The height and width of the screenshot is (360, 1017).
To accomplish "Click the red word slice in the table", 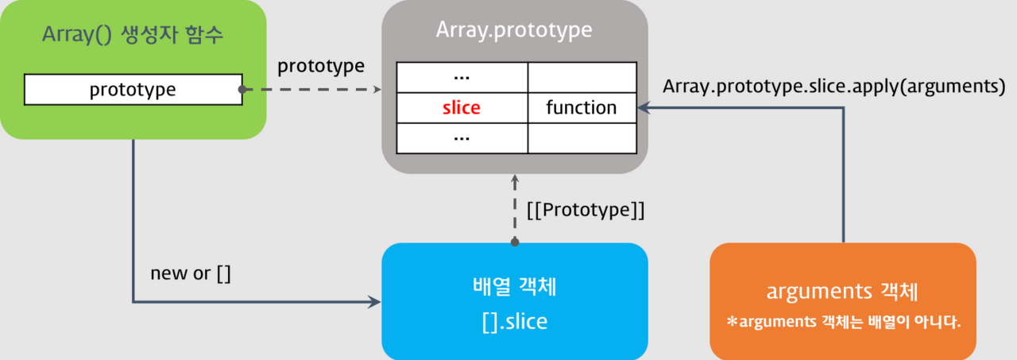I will pyautogui.click(x=462, y=107).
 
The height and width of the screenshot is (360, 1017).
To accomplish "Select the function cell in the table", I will pyautogui.click(x=582, y=107).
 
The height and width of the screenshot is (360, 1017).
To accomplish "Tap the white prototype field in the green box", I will pyautogui.click(x=133, y=89).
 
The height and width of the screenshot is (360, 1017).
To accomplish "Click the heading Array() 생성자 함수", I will pyautogui.click(x=133, y=37).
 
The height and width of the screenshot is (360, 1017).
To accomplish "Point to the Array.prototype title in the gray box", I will pyautogui.click(x=514, y=30).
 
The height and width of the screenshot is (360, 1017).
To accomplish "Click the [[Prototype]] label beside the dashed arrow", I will pyautogui.click(x=586, y=211).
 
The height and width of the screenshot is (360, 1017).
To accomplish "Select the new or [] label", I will pyautogui.click(x=191, y=273).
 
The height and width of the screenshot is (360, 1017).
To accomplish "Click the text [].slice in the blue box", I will pyautogui.click(x=515, y=322).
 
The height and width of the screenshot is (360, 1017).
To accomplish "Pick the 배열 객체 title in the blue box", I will pyautogui.click(x=515, y=287).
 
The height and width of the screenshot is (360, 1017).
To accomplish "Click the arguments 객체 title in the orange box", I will pyautogui.click(x=842, y=291).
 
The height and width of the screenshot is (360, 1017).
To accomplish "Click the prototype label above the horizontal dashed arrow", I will pyautogui.click(x=321, y=66).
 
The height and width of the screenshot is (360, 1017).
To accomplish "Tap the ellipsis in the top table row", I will pyautogui.click(x=462, y=77).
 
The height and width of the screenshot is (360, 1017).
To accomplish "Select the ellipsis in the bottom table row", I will pyautogui.click(x=462, y=137).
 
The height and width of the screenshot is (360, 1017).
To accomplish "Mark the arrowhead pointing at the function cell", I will pyautogui.click(x=644, y=107).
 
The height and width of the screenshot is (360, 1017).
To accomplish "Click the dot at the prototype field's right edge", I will pyautogui.click(x=242, y=89).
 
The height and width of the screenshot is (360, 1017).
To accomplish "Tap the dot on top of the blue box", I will pyautogui.click(x=515, y=241).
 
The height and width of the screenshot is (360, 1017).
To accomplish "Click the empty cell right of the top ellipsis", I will pyautogui.click(x=582, y=77).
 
